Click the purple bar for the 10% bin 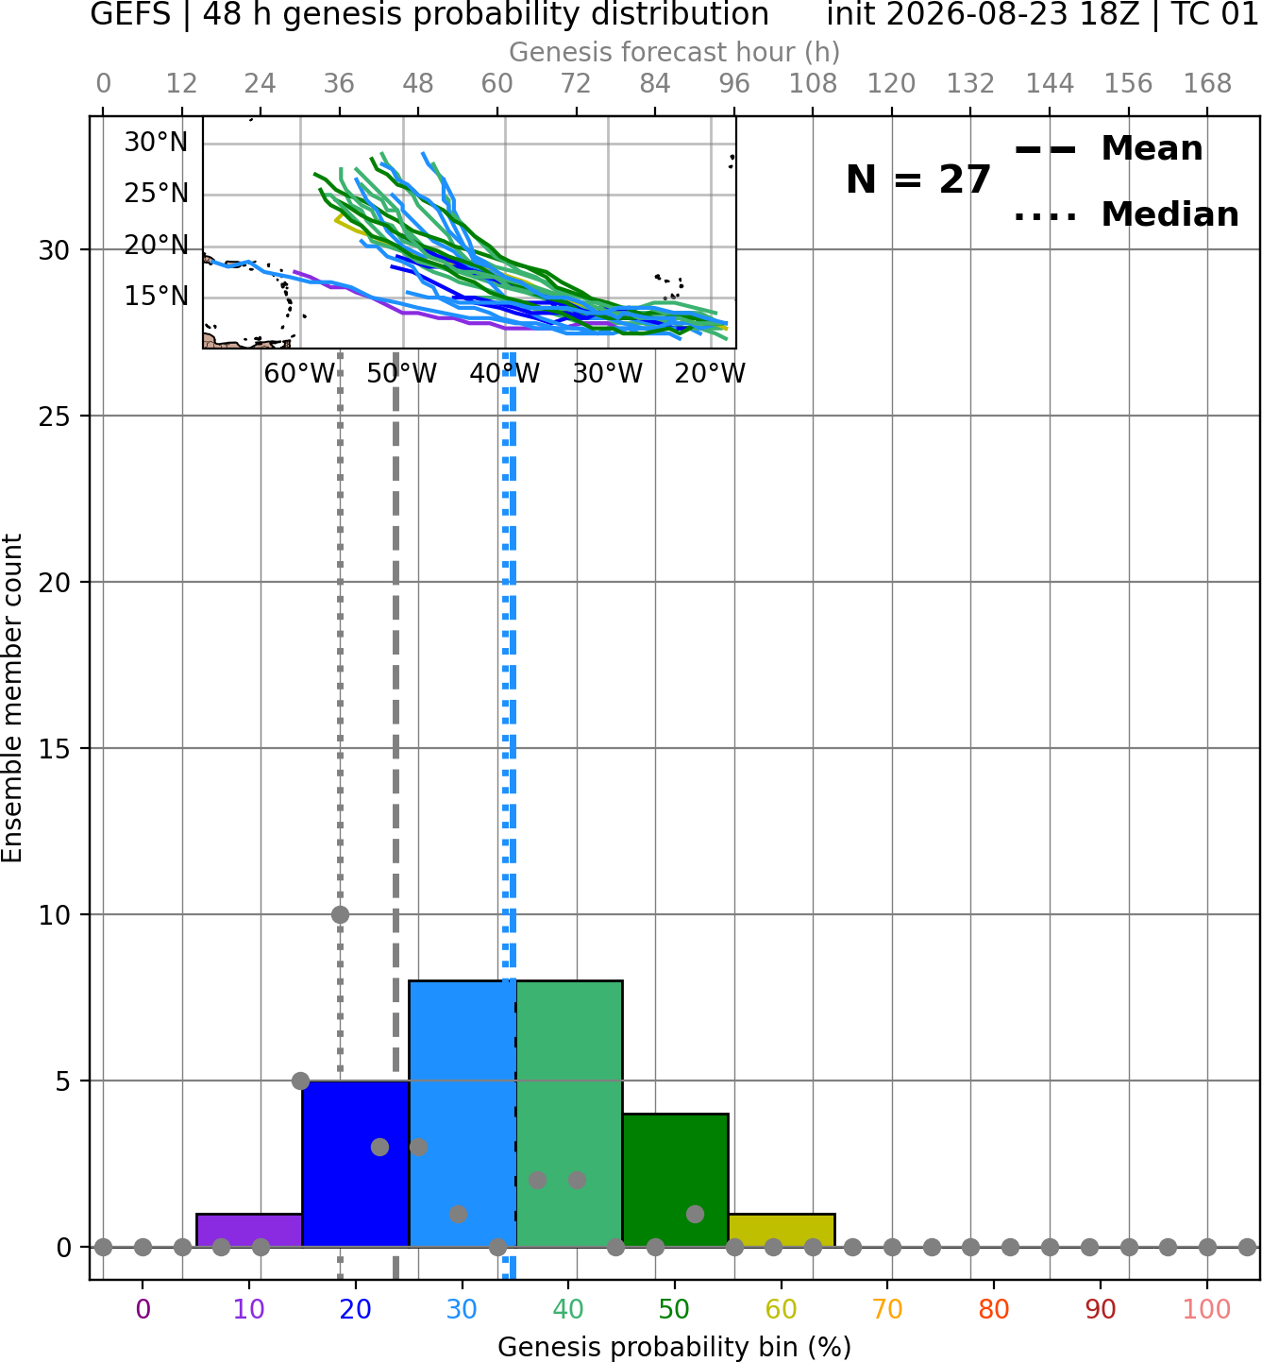(x=249, y=1230)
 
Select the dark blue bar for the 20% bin (x=356, y=1164)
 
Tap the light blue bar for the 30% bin (x=463, y=1114)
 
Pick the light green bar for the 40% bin (x=569, y=1114)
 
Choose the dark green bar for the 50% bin (x=675, y=1181)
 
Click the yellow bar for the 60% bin (x=782, y=1230)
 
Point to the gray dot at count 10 (x=340, y=914)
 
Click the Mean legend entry (x=1108, y=148)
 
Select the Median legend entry (x=1126, y=214)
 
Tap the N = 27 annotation (x=918, y=179)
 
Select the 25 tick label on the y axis (x=55, y=416)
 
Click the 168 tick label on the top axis (x=1207, y=84)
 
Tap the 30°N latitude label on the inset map (x=156, y=143)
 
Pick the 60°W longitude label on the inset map (x=299, y=374)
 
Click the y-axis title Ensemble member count (x=12, y=698)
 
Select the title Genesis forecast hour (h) (x=675, y=52)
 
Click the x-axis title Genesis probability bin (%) (x=675, y=1348)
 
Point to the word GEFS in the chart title (x=130, y=14)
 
